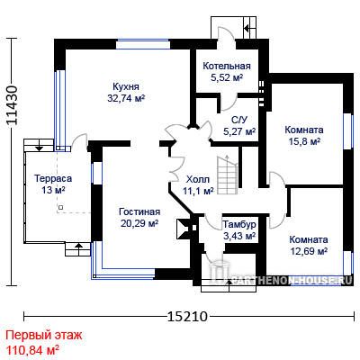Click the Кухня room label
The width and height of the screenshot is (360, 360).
[126, 86]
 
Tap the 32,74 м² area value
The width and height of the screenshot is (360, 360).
[126, 98]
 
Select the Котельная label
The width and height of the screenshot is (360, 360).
[227, 66]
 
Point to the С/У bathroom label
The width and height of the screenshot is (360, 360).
[239, 120]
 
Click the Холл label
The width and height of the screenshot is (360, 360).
[198, 179]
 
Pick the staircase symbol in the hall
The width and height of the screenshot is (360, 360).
[228, 175]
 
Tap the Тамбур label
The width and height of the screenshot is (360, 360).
[239, 224]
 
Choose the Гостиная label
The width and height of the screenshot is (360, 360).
[139, 211]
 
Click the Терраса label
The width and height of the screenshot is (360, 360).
[53, 178]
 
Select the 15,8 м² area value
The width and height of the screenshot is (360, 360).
[304, 141]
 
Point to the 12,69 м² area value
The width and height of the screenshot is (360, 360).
[309, 251]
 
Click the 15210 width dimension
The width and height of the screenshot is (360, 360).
[187, 316]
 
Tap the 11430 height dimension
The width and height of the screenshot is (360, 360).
[12, 105]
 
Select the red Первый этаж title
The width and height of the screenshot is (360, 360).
[44, 335]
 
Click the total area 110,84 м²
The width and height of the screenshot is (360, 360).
[32, 349]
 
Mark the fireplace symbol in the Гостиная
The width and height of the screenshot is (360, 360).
[183, 229]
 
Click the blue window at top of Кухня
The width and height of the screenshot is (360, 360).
[143, 44]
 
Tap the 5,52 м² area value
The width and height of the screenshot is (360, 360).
[227, 77]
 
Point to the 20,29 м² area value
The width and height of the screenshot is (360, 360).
[139, 223]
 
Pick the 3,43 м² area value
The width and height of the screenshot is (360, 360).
[239, 236]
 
